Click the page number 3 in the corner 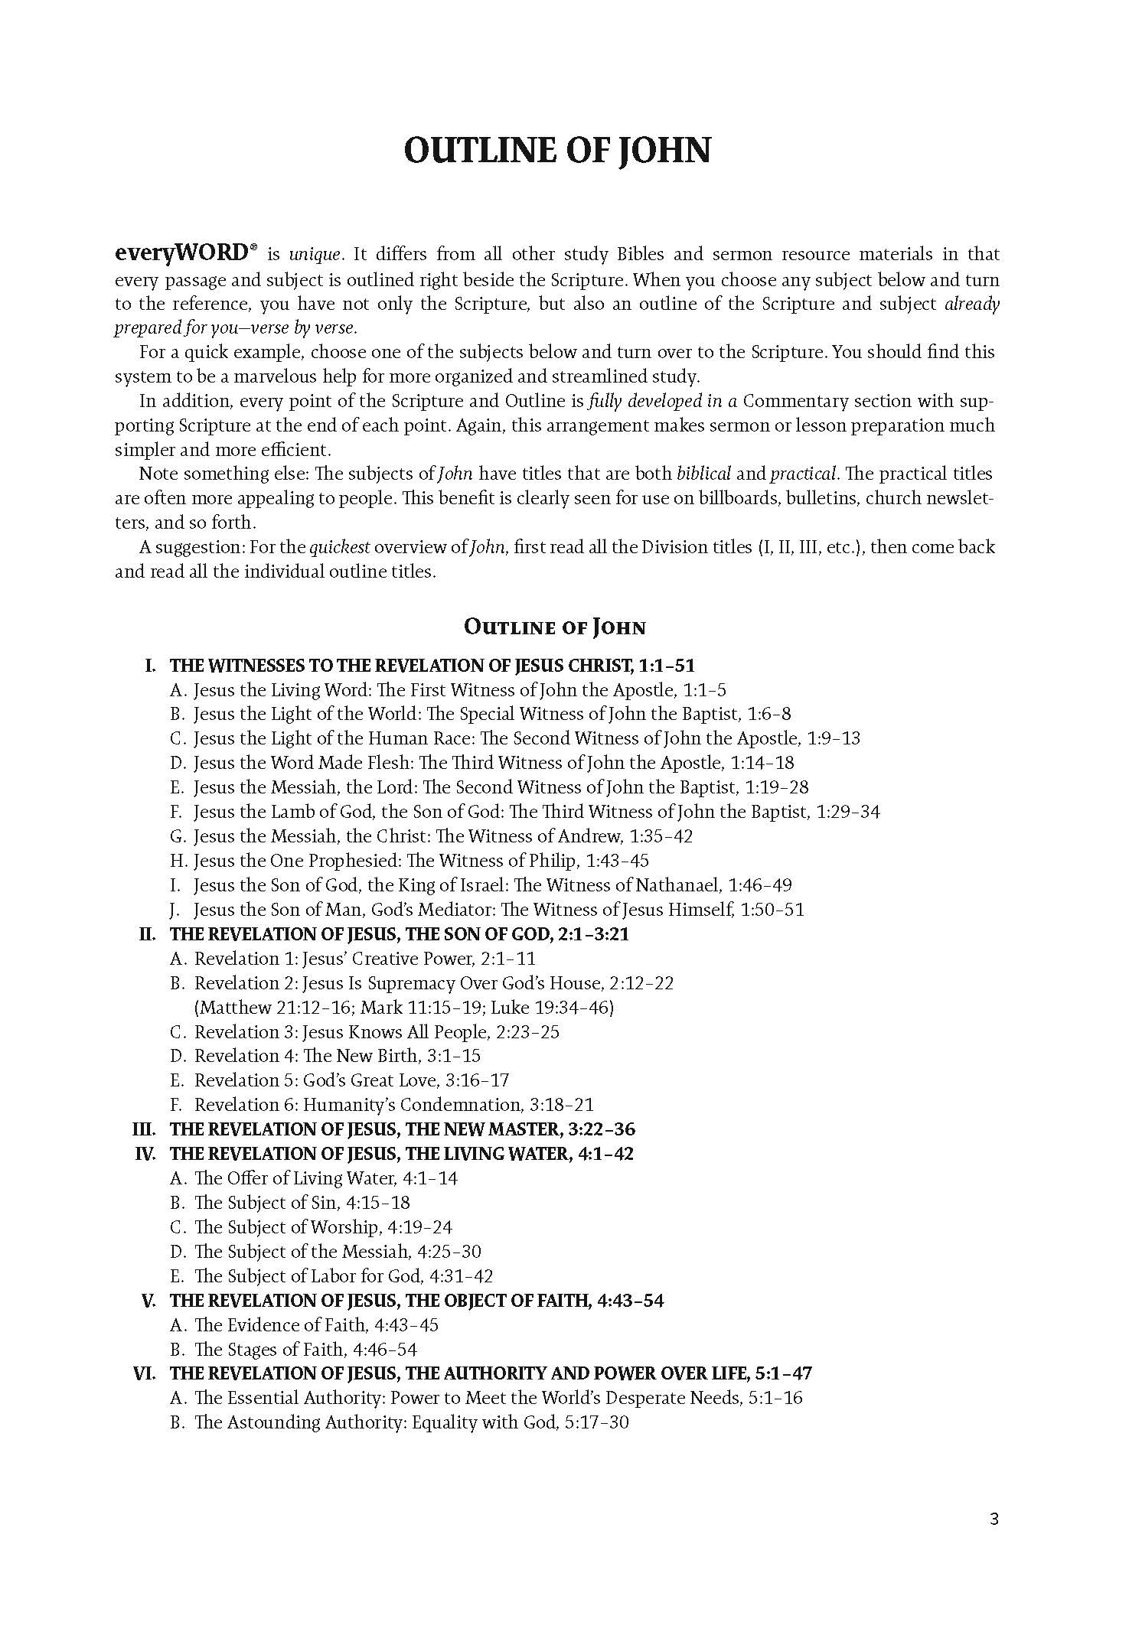[994, 1519]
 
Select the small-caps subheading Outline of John [555, 627]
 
